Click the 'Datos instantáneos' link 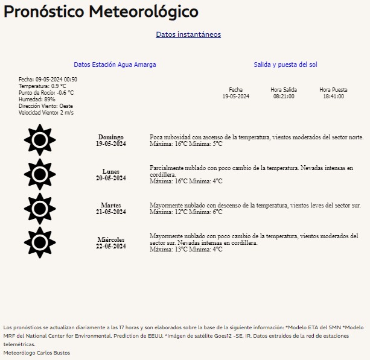[x=188, y=34]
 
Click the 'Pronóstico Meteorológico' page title [x=101, y=11]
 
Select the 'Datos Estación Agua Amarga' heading [x=115, y=65]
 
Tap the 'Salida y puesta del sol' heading [x=285, y=65]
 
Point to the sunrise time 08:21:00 [x=284, y=96]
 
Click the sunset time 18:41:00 [x=333, y=96]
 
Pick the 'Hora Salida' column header [x=284, y=90]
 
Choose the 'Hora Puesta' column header [x=333, y=90]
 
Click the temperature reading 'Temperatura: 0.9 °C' [x=42, y=86]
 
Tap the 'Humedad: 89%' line [x=37, y=99]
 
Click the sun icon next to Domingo [x=40, y=141]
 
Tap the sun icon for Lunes [x=40, y=174]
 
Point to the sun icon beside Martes [x=40, y=209]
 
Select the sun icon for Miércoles [x=40, y=242]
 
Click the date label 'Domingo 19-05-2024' [x=110, y=141]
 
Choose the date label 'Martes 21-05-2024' [x=110, y=209]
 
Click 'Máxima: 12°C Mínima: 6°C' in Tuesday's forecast [x=186, y=212]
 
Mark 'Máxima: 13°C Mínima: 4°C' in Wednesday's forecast [x=186, y=250]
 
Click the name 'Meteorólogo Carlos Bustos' [x=37, y=352]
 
